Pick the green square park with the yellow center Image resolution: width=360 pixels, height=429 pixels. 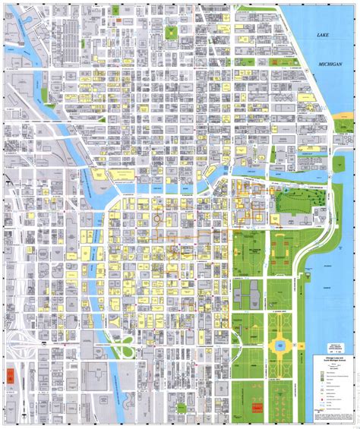[x=170, y=33]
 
